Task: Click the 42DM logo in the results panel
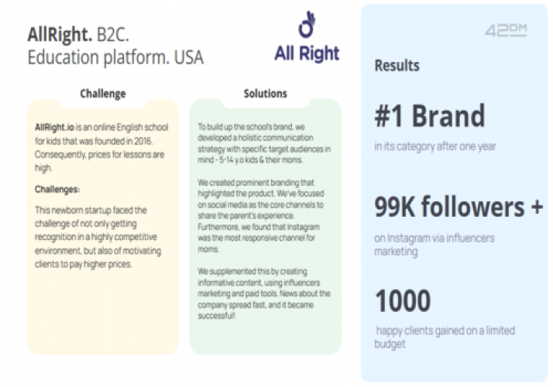(x=506, y=31)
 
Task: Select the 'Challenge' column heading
(x=102, y=94)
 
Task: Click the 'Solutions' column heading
(x=265, y=94)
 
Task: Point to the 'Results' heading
(x=397, y=66)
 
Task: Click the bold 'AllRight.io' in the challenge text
(x=55, y=127)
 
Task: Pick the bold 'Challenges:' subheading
(x=57, y=189)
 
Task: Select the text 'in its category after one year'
(x=435, y=146)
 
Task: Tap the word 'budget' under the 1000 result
(x=390, y=344)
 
